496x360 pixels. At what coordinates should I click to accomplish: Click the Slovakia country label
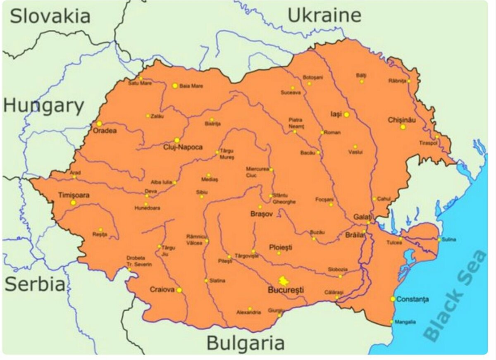point(50,17)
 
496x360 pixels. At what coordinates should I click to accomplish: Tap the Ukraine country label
point(324,16)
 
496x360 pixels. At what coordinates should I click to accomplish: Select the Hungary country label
point(43,106)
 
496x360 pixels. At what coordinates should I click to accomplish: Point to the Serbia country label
point(35,285)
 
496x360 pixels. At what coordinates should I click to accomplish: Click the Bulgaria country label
point(246,343)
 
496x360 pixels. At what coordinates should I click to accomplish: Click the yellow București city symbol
point(284,281)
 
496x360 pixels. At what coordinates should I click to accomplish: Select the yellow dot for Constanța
point(393,299)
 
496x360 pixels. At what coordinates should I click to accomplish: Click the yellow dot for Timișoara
point(73,203)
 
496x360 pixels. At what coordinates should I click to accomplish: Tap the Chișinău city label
point(402,120)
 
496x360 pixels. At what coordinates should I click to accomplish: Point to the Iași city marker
point(346,114)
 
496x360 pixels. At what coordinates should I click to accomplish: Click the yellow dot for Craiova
point(179,290)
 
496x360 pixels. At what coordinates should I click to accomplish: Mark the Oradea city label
point(105,131)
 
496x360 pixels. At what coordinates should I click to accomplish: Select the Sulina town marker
point(439,239)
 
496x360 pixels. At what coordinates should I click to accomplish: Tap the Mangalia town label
point(405,322)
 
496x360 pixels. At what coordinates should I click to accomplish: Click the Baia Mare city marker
point(175,86)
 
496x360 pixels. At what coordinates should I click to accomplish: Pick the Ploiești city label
point(281,247)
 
